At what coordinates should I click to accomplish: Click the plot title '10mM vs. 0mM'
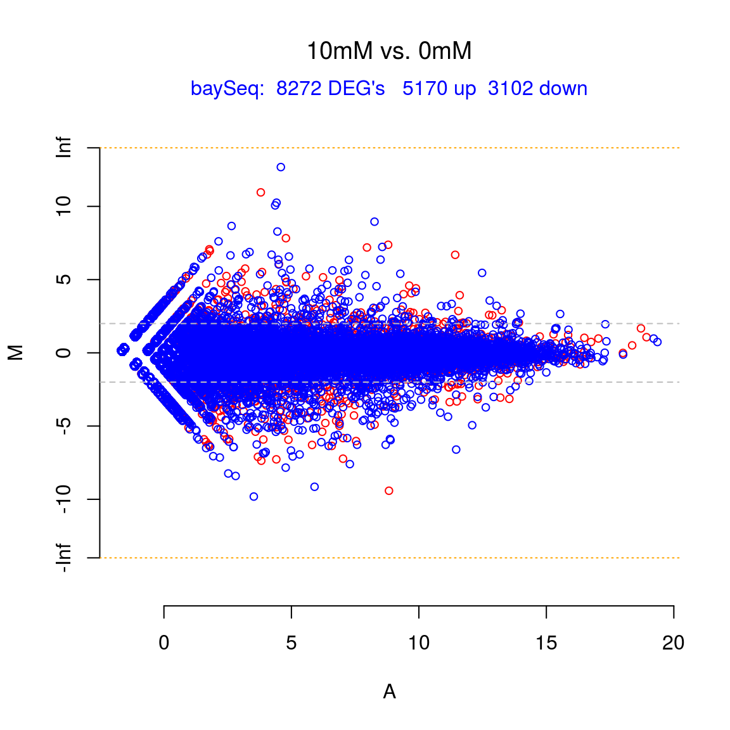389,51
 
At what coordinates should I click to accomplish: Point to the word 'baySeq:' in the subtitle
227,89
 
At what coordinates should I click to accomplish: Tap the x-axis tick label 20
673,643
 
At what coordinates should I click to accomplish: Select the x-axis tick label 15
546,643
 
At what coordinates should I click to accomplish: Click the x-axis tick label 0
164,643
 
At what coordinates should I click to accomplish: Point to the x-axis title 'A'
389,692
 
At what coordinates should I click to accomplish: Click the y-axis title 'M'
16,352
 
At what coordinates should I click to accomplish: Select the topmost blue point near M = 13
281,167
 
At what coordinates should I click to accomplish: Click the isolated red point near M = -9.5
389,490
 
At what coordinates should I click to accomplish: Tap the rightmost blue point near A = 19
657,342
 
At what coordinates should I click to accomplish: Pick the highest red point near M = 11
260,192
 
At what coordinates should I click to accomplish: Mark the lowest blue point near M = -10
253,497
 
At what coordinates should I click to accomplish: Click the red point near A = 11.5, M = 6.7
455,255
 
